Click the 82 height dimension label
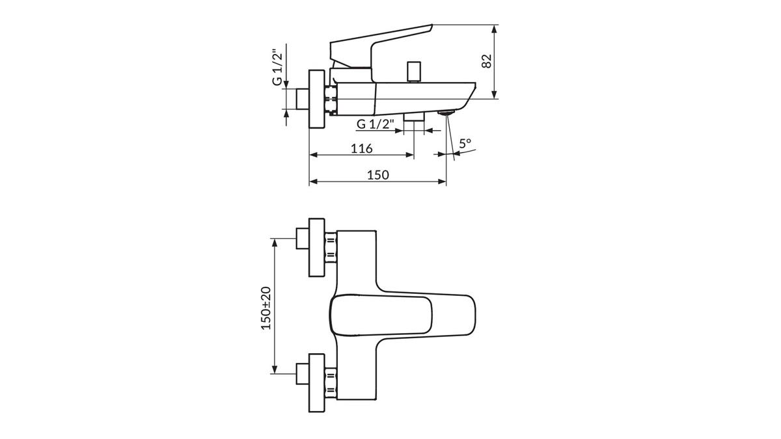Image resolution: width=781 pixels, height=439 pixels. coord(487,62)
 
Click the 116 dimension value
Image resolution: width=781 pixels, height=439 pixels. coord(362,149)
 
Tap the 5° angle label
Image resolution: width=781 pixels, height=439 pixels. coord(465,143)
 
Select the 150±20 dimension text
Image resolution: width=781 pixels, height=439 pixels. coord(266,308)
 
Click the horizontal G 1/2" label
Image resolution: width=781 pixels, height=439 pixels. coord(375,124)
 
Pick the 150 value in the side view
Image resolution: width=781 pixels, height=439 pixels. coord(378,175)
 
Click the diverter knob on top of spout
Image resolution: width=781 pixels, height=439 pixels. coord(413,72)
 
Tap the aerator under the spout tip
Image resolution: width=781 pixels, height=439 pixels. coord(446,112)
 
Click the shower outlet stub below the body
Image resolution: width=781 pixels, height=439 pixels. coord(414,116)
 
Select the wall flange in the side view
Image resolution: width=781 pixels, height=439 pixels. coord(316,99)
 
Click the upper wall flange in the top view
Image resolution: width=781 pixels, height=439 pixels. coord(316,247)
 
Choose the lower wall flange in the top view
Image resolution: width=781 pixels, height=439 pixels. coord(316,383)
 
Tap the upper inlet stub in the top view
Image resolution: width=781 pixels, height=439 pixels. coord(302,239)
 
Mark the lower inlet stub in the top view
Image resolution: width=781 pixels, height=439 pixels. coord(302,374)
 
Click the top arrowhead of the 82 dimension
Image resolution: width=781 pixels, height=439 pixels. coord(494,29)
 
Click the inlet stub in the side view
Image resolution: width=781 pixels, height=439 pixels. coord(302,99)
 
